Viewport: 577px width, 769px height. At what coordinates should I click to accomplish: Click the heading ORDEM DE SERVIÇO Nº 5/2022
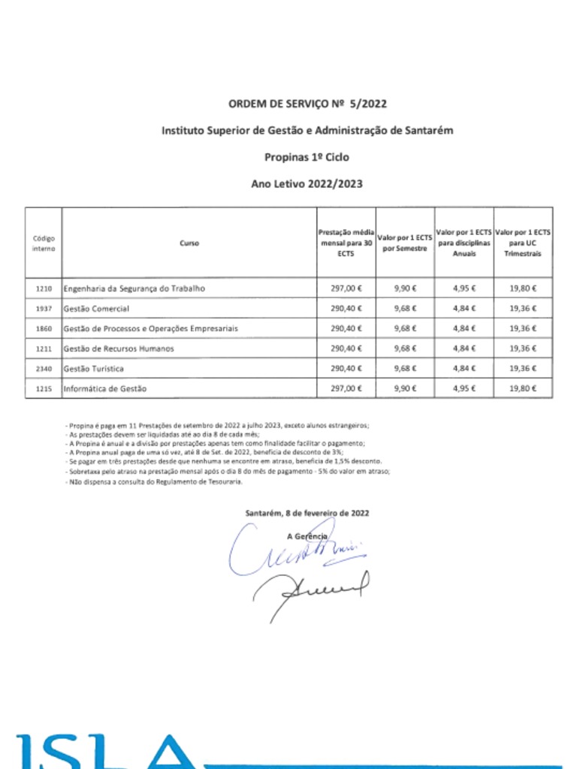point(307,104)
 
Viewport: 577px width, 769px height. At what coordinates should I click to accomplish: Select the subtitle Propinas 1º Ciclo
point(307,157)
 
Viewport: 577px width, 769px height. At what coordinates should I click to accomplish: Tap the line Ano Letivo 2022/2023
point(307,183)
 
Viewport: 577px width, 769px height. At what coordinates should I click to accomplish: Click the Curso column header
point(189,243)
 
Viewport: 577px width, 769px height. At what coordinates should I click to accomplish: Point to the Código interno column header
point(44,243)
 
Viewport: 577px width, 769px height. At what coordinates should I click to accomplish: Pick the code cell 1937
point(44,309)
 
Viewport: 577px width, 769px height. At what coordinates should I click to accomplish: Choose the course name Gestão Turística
point(94,369)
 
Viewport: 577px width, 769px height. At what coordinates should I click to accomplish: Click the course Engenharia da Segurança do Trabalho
point(134,288)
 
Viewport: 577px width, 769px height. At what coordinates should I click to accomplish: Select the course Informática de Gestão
point(105,389)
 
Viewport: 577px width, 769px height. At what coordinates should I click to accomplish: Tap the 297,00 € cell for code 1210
point(346,288)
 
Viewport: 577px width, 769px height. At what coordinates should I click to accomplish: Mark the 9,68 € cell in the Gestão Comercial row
point(406,309)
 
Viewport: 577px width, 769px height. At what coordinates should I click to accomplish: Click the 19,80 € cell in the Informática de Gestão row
point(523,389)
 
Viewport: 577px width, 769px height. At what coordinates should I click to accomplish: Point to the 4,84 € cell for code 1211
point(465,348)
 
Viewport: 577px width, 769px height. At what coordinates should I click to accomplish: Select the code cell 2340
point(44,369)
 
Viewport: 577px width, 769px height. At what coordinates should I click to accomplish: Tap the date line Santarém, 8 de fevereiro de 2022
point(307,513)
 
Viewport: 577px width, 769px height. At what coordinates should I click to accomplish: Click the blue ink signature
point(293,550)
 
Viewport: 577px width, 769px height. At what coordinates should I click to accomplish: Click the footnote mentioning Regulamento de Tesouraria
point(154,482)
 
